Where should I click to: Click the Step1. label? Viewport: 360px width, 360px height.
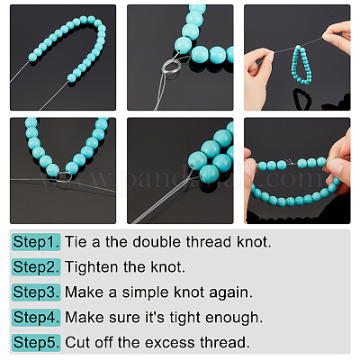tap(36, 242)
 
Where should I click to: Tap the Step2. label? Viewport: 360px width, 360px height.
tap(36, 267)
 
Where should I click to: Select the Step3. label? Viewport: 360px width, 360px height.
tap(36, 292)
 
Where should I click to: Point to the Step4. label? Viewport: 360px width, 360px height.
tap(36, 318)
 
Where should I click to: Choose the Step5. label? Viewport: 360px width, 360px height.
tap(36, 343)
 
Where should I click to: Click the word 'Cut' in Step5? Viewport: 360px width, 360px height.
tap(76, 343)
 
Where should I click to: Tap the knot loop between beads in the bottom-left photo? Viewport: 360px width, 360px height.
tap(63, 177)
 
